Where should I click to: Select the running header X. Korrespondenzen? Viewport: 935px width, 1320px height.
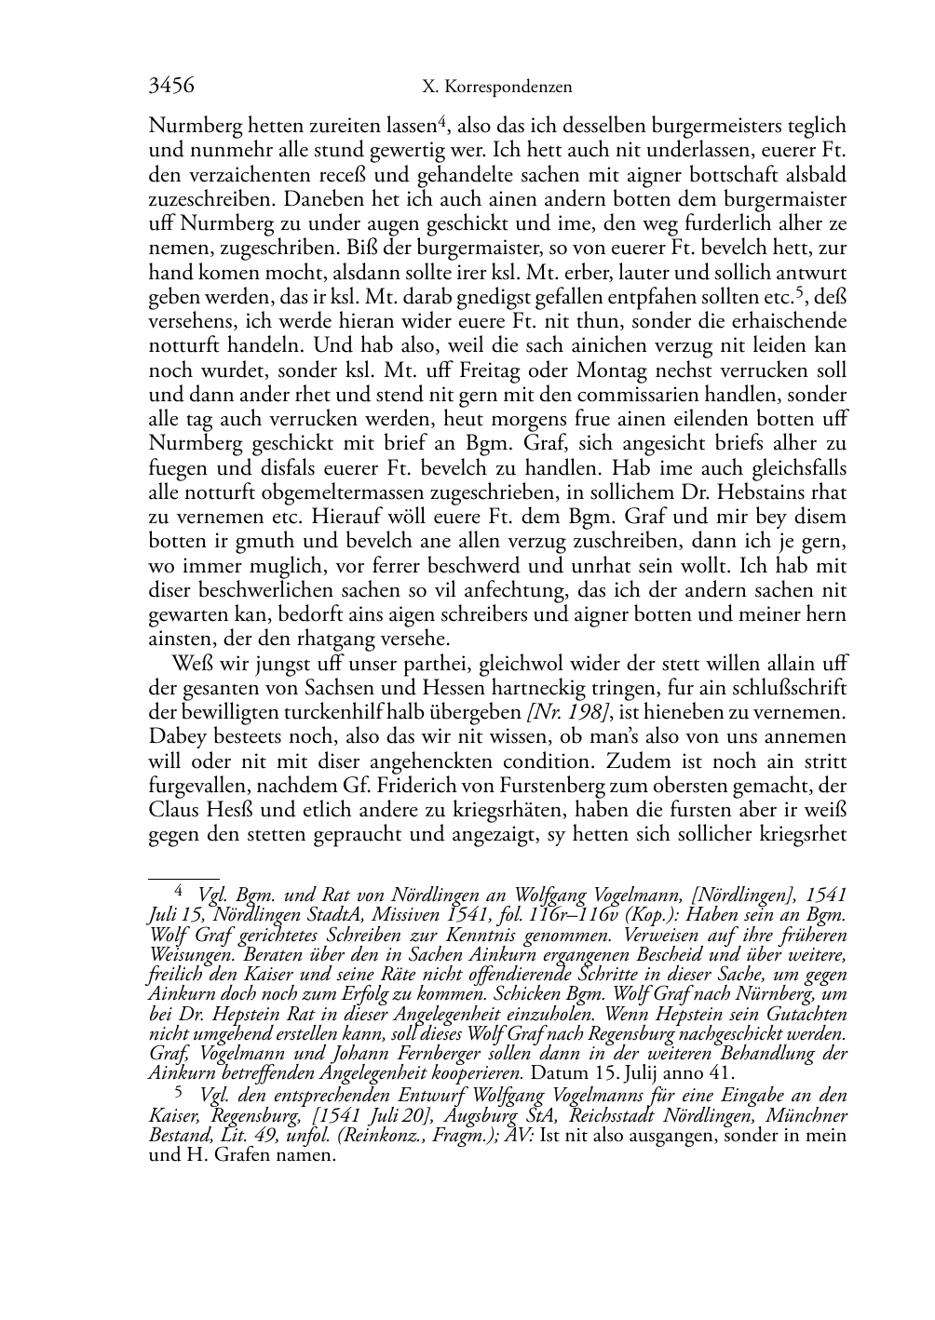tap(496, 88)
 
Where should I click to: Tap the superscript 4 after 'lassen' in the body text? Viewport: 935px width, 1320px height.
tap(443, 119)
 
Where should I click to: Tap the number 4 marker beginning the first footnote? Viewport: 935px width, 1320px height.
tap(179, 891)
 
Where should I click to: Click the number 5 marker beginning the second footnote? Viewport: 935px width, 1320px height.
tap(179, 1091)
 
